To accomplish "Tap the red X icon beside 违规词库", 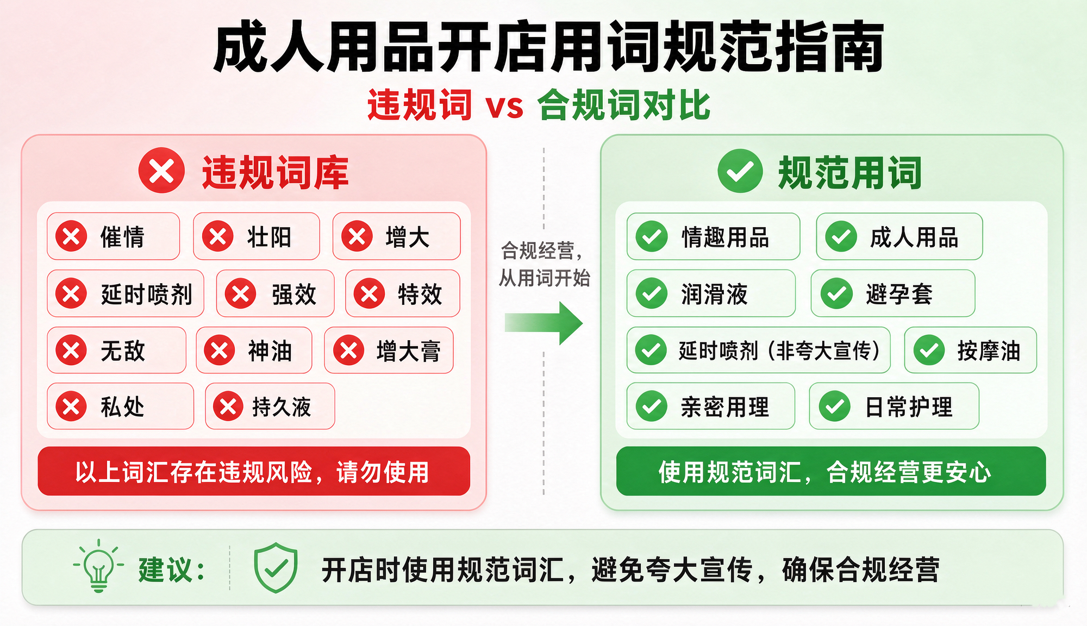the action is tap(161, 171).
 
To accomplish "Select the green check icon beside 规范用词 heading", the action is tap(740, 171).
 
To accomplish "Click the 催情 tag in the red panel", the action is tap(113, 236).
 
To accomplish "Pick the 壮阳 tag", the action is tap(257, 236).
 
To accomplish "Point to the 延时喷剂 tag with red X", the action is tap(126, 293).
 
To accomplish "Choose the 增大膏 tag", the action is tap(389, 350).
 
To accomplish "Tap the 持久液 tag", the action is tap(270, 406).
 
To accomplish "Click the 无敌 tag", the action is tap(116, 350).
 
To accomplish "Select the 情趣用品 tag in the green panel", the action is tap(713, 236).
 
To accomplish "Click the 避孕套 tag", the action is tap(893, 293).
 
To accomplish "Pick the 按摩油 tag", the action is tap(971, 350).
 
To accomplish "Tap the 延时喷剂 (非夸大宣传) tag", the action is tap(759, 350).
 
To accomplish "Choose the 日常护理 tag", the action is tap(894, 406).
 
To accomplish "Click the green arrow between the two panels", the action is tap(543, 323).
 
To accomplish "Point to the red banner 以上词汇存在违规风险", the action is tap(254, 471).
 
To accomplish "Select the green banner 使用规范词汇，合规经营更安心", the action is tap(831, 471).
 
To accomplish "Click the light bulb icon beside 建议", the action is tap(98, 566).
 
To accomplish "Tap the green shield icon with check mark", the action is tap(276, 567).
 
